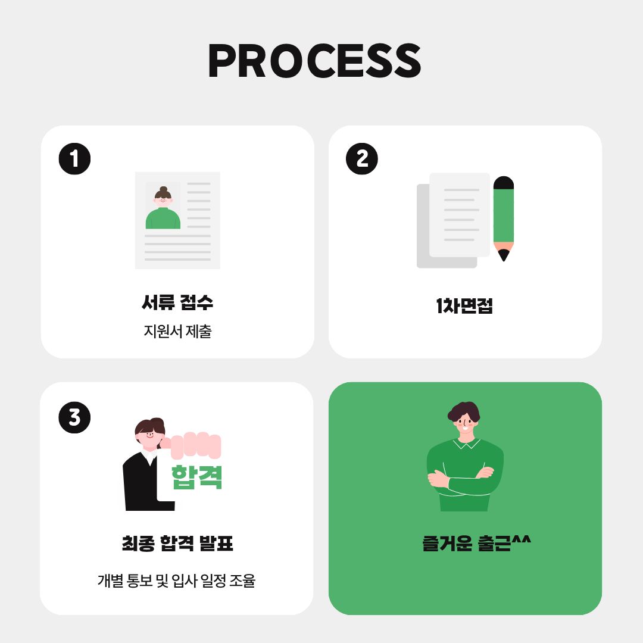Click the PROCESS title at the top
pyautogui.click(x=314, y=61)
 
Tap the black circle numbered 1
pyautogui.click(x=74, y=159)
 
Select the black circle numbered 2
pyautogui.click(x=362, y=159)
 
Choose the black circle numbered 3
pyautogui.click(x=74, y=417)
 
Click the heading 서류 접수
pyautogui.click(x=177, y=302)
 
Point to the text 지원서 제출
pyautogui.click(x=177, y=332)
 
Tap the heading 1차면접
pyautogui.click(x=464, y=306)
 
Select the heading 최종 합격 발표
pyautogui.click(x=177, y=544)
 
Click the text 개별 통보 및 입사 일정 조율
pyautogui.click(x=176, y=580)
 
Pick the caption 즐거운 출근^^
pyautogui.click(x=476, y=544)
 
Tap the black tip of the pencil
pyautogui.click(x=504, y=256)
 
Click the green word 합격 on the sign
pyautogui.click(x=196, y=477)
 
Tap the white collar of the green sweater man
pyautogui.click(x=466, y=444)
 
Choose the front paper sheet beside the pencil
pyautogui.click(x=459, y=215)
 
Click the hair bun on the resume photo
pyautogui.click(x=163, y=189)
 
